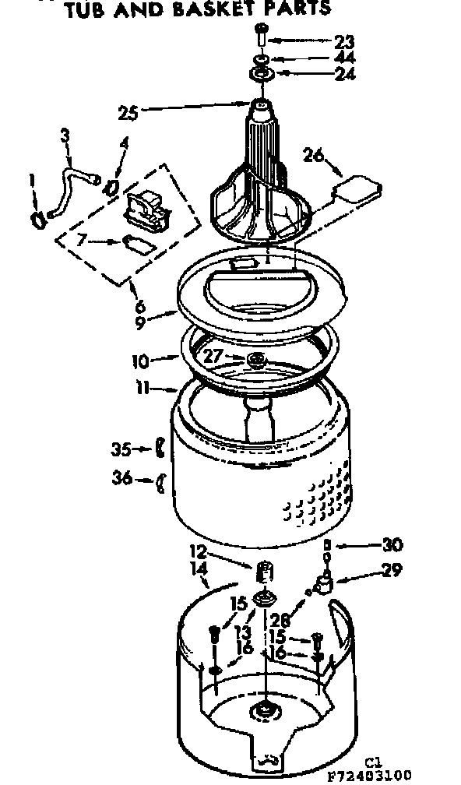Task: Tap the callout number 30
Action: tap(394, 544)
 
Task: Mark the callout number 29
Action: tap(392, 572)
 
